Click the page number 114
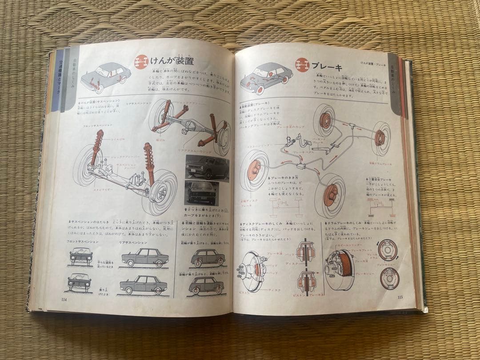click(65, 298)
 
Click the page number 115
click(400, 298)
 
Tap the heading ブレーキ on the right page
click(327, 67)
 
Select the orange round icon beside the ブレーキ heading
click(302, 65)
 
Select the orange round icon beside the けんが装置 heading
click(141, 61)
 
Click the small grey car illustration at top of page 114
click(106, 76)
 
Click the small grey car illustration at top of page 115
click(265, 78)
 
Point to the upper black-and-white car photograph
click(207, 168)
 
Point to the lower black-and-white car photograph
click(207, 192)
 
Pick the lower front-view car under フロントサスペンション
click(80, 281)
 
